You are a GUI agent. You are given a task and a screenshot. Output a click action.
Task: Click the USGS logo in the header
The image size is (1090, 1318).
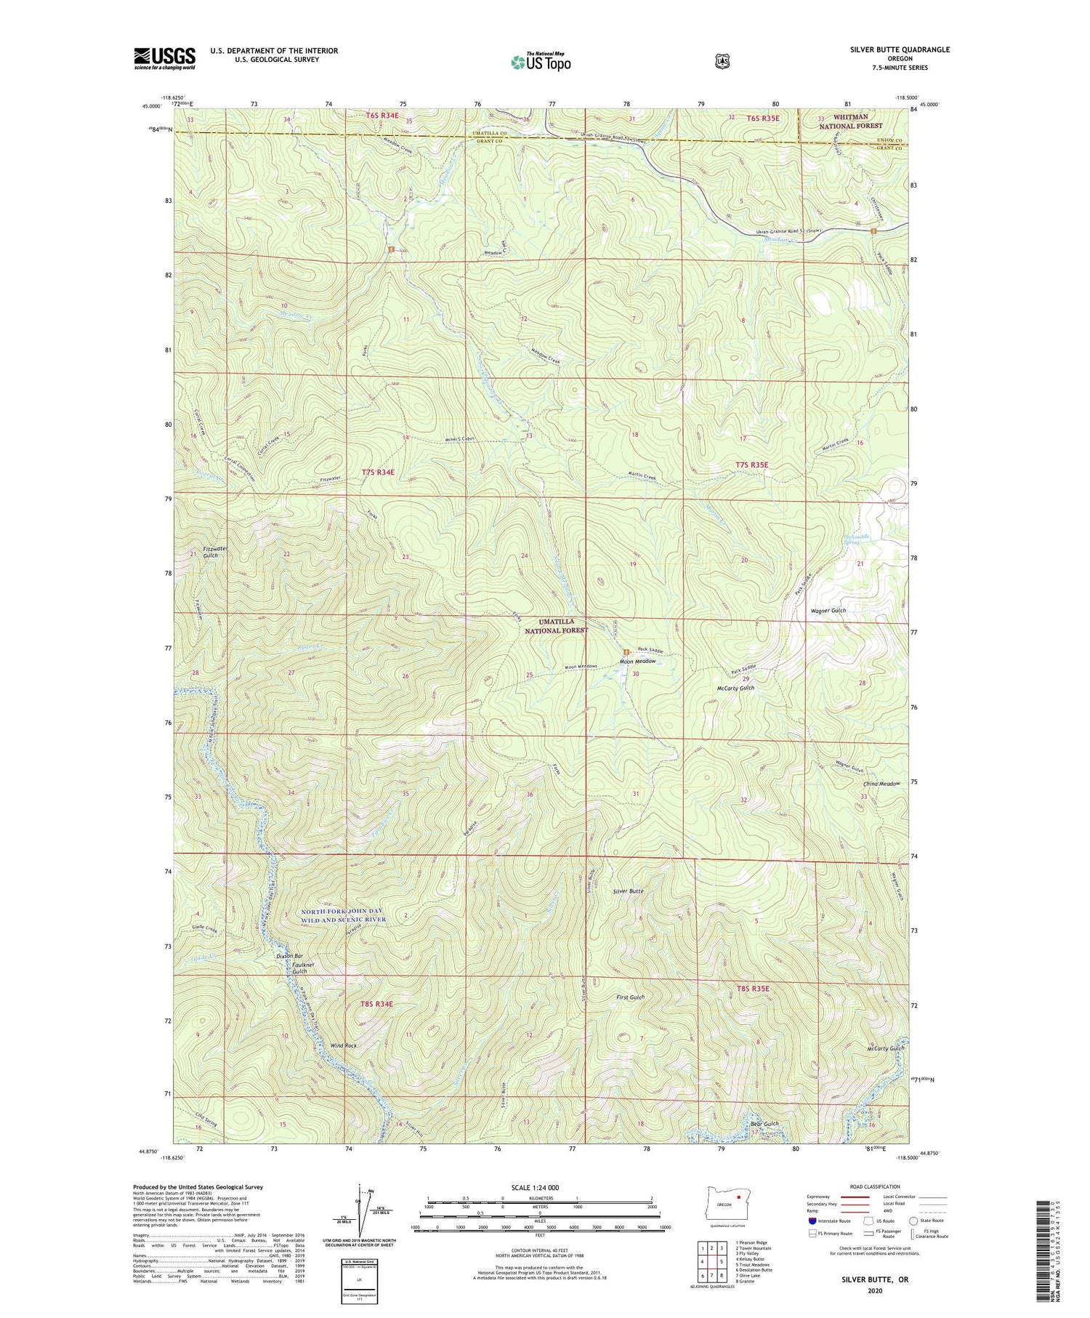click(x=164, y=58)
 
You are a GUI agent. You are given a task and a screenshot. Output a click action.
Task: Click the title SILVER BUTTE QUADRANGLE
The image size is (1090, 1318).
click(x=900, y=50)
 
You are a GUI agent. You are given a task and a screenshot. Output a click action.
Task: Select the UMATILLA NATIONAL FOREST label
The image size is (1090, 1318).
click(x=557, y=626)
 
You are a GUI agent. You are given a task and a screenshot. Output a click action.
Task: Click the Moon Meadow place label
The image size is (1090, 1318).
click(x=637, y=662)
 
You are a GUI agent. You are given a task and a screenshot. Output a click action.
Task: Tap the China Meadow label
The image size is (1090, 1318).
click(x=881, y=784)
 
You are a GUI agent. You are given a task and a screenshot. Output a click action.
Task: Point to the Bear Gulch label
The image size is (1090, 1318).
click(x=764, y=1123)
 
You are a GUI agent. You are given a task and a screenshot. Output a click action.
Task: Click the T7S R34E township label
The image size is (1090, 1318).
click(x=378, y=473)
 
